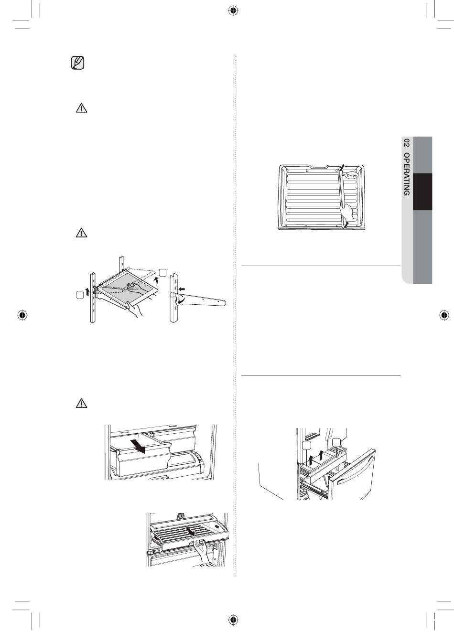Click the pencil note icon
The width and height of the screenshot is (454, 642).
[77, 63]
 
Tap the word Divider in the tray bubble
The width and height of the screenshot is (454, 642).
[352, 175]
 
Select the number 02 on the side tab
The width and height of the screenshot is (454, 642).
[406, 143]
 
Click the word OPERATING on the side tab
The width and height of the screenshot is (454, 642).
[406, 174]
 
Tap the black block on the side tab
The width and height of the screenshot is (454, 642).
[422, 192]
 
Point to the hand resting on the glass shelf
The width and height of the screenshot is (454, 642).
[135, 288]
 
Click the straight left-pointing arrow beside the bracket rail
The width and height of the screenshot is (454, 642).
[182, 289]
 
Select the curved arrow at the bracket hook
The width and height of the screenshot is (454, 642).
[181, 301]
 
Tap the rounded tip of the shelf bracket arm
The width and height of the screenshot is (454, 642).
[223, 302]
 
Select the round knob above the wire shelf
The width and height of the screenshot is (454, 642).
[181, 516]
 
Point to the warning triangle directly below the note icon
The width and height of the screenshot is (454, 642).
[81, 108]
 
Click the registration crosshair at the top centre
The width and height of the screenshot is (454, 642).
[234, 11]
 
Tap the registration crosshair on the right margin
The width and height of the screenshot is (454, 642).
[443, 315]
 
